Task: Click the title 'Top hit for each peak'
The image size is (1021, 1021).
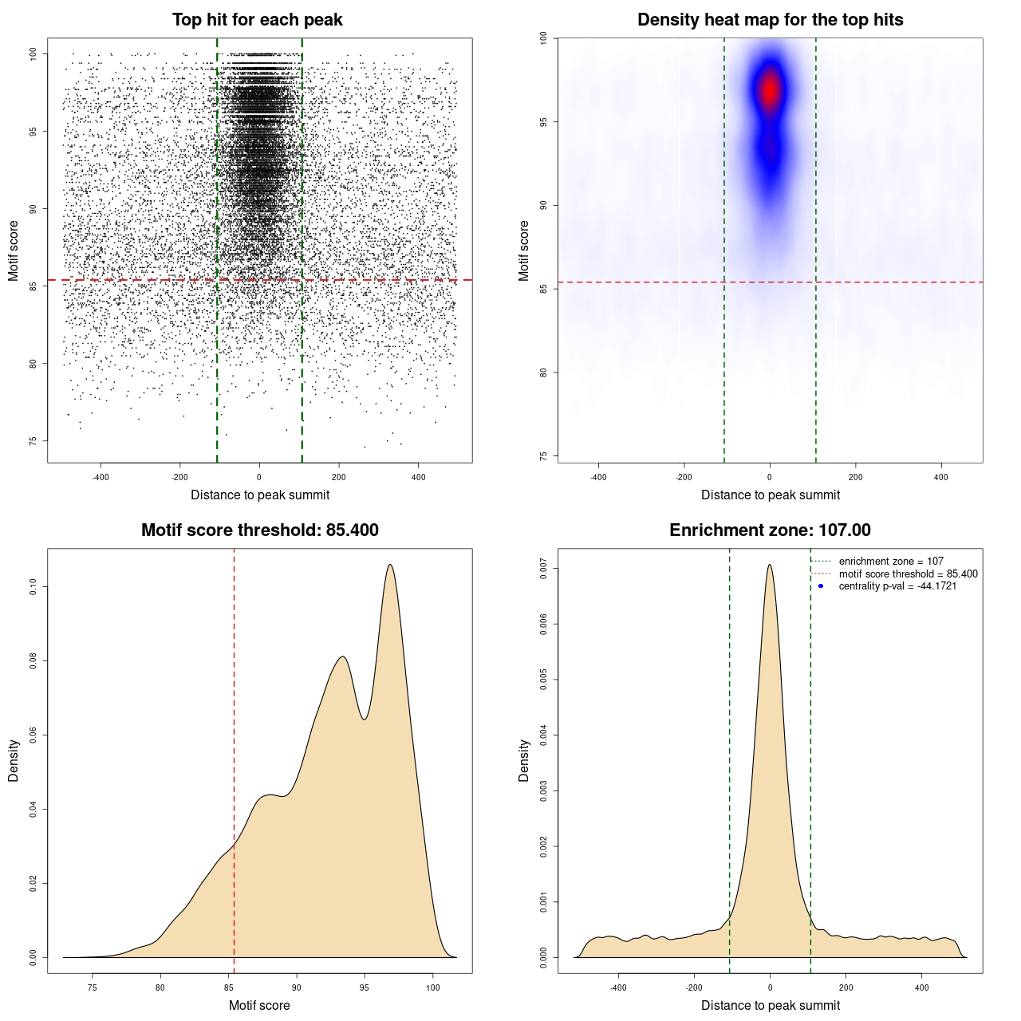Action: [257, 20]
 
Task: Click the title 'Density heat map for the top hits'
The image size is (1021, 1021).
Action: [770, 20]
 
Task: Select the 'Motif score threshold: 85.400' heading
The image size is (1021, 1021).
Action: [259, 530]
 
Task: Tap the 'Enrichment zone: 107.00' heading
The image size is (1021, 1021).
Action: [770, 530]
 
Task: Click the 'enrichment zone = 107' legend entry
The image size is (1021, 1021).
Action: [890, 562]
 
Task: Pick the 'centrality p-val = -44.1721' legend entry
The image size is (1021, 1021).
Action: [897, 586]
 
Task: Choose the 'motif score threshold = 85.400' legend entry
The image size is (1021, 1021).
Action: [908, 574]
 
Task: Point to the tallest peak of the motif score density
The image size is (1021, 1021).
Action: [390, 565]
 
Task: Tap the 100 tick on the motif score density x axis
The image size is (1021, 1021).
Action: [433, 987]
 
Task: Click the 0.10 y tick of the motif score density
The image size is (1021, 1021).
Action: [33, 587]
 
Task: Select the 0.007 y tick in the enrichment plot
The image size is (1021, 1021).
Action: [543, 569]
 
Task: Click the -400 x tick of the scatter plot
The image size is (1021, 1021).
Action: [101, 477]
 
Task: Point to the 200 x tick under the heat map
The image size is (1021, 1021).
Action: [855, 477]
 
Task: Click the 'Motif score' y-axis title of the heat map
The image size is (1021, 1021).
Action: [524, 250]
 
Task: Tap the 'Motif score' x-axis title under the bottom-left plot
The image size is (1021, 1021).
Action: [259, 1005]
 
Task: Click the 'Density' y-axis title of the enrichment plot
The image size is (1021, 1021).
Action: [524, 760]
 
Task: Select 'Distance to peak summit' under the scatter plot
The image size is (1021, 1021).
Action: [260, 495]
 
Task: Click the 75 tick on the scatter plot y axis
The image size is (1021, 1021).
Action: [33, 441]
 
